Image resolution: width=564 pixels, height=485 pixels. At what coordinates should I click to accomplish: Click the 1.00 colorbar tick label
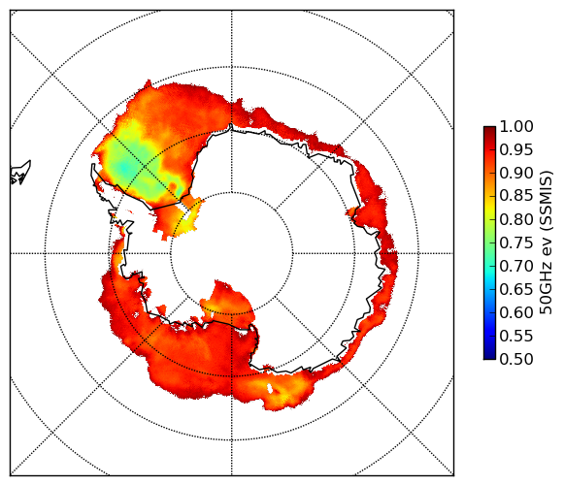point(516,126)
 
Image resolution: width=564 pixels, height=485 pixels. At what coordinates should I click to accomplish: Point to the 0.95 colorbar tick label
point(516,150)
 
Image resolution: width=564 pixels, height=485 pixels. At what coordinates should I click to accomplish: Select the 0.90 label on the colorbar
point(516,173)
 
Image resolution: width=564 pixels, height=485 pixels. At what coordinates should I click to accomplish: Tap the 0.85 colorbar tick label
point(516,196)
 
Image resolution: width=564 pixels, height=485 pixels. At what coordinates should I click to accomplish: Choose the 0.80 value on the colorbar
point(516,219)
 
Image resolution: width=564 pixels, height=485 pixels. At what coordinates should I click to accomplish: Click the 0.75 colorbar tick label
point(516,243)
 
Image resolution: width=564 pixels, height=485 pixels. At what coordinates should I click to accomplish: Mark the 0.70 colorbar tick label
point(516,267)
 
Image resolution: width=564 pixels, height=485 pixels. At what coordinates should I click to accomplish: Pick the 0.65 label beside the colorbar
point(516,289)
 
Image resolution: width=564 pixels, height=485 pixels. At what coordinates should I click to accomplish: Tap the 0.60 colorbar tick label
point(516,312)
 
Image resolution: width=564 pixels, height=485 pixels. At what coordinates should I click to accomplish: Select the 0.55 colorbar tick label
point(516,337)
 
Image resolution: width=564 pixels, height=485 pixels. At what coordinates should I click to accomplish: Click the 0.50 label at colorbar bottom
point(516,359)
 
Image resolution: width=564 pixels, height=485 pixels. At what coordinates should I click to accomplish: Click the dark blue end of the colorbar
point(489,356)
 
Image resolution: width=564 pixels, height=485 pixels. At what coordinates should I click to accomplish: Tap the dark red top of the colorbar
point(489,130)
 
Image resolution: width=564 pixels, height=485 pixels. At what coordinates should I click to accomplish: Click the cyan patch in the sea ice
point(123,168)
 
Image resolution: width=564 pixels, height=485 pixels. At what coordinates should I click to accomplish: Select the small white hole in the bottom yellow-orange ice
point(270,388)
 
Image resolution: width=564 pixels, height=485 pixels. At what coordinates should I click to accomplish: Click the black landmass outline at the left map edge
point(20,173)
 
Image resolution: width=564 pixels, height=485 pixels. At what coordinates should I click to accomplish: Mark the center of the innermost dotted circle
point(232,253)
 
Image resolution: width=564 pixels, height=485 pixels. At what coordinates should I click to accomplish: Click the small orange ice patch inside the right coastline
point(352,212)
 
